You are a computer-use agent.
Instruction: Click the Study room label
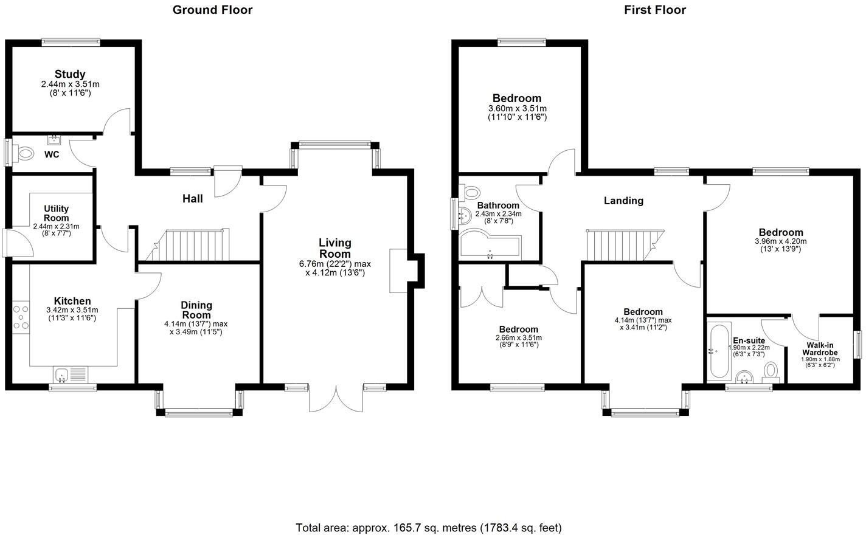pyautogui.click(x=70, y=74)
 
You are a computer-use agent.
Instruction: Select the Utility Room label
pyautogui.click(x=56, y=213)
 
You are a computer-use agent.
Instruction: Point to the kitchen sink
pyautogui.click(x=63, y=374)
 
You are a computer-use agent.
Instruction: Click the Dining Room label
pyautogui.click(x=196, y=310)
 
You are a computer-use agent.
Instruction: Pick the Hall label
pyautogui.click(x=193, y=199)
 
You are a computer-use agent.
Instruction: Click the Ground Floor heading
pyautogui.click(x=212, y=10)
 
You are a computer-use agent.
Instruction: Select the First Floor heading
pyautogui.click(x=655, y=10)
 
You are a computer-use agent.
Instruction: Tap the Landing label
pyautogui.click(x=623, y=201)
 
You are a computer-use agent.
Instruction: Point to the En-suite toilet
pyautogui.click(x=771, y=371)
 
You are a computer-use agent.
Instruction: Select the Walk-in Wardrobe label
pyautogui.click(x=819, y=349)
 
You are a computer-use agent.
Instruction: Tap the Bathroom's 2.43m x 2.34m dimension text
pyautogui.click(x=498, y=214)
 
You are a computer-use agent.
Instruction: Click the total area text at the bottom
pyautogui.click(x=429, y=527)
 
